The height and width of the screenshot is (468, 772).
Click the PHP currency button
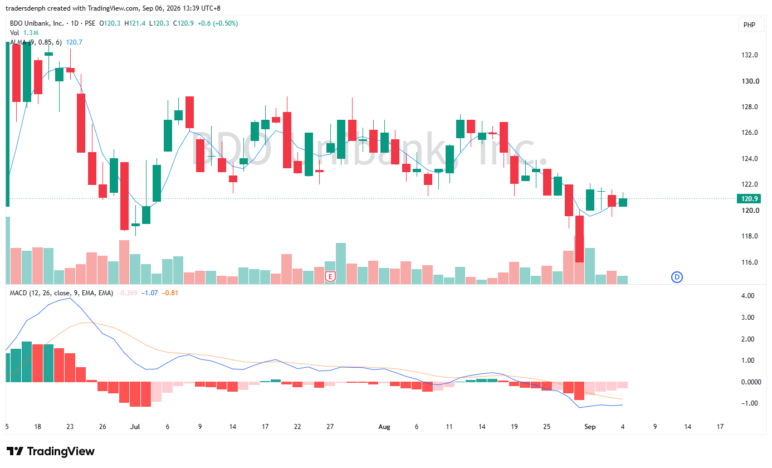[750, 25]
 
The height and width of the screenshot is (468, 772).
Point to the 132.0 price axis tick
[750, 55]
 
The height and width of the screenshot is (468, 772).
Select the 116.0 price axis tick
[750, 262]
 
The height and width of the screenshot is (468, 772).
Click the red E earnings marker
[330, 277]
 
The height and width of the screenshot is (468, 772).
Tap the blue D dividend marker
[677, 277]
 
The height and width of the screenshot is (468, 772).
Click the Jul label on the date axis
[135, 427]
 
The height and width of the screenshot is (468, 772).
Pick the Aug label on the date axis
[384, 427]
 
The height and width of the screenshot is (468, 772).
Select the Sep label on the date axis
[590, 427]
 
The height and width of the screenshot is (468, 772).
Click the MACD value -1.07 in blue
[150, 293]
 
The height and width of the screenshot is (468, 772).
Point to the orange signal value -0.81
[170, 293]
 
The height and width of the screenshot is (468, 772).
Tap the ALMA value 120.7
[74, 42]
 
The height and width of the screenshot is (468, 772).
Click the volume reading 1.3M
[31, 33]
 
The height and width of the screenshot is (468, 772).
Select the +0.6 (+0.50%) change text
[217, 23]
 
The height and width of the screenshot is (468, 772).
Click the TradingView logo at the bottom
[50, 451]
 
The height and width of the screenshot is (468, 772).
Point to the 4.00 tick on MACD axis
[747, 296]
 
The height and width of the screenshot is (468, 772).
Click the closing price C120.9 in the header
[183, 23]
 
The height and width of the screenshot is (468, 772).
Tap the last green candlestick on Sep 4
[623, 202]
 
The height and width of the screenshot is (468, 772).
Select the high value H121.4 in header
[135, 23]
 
